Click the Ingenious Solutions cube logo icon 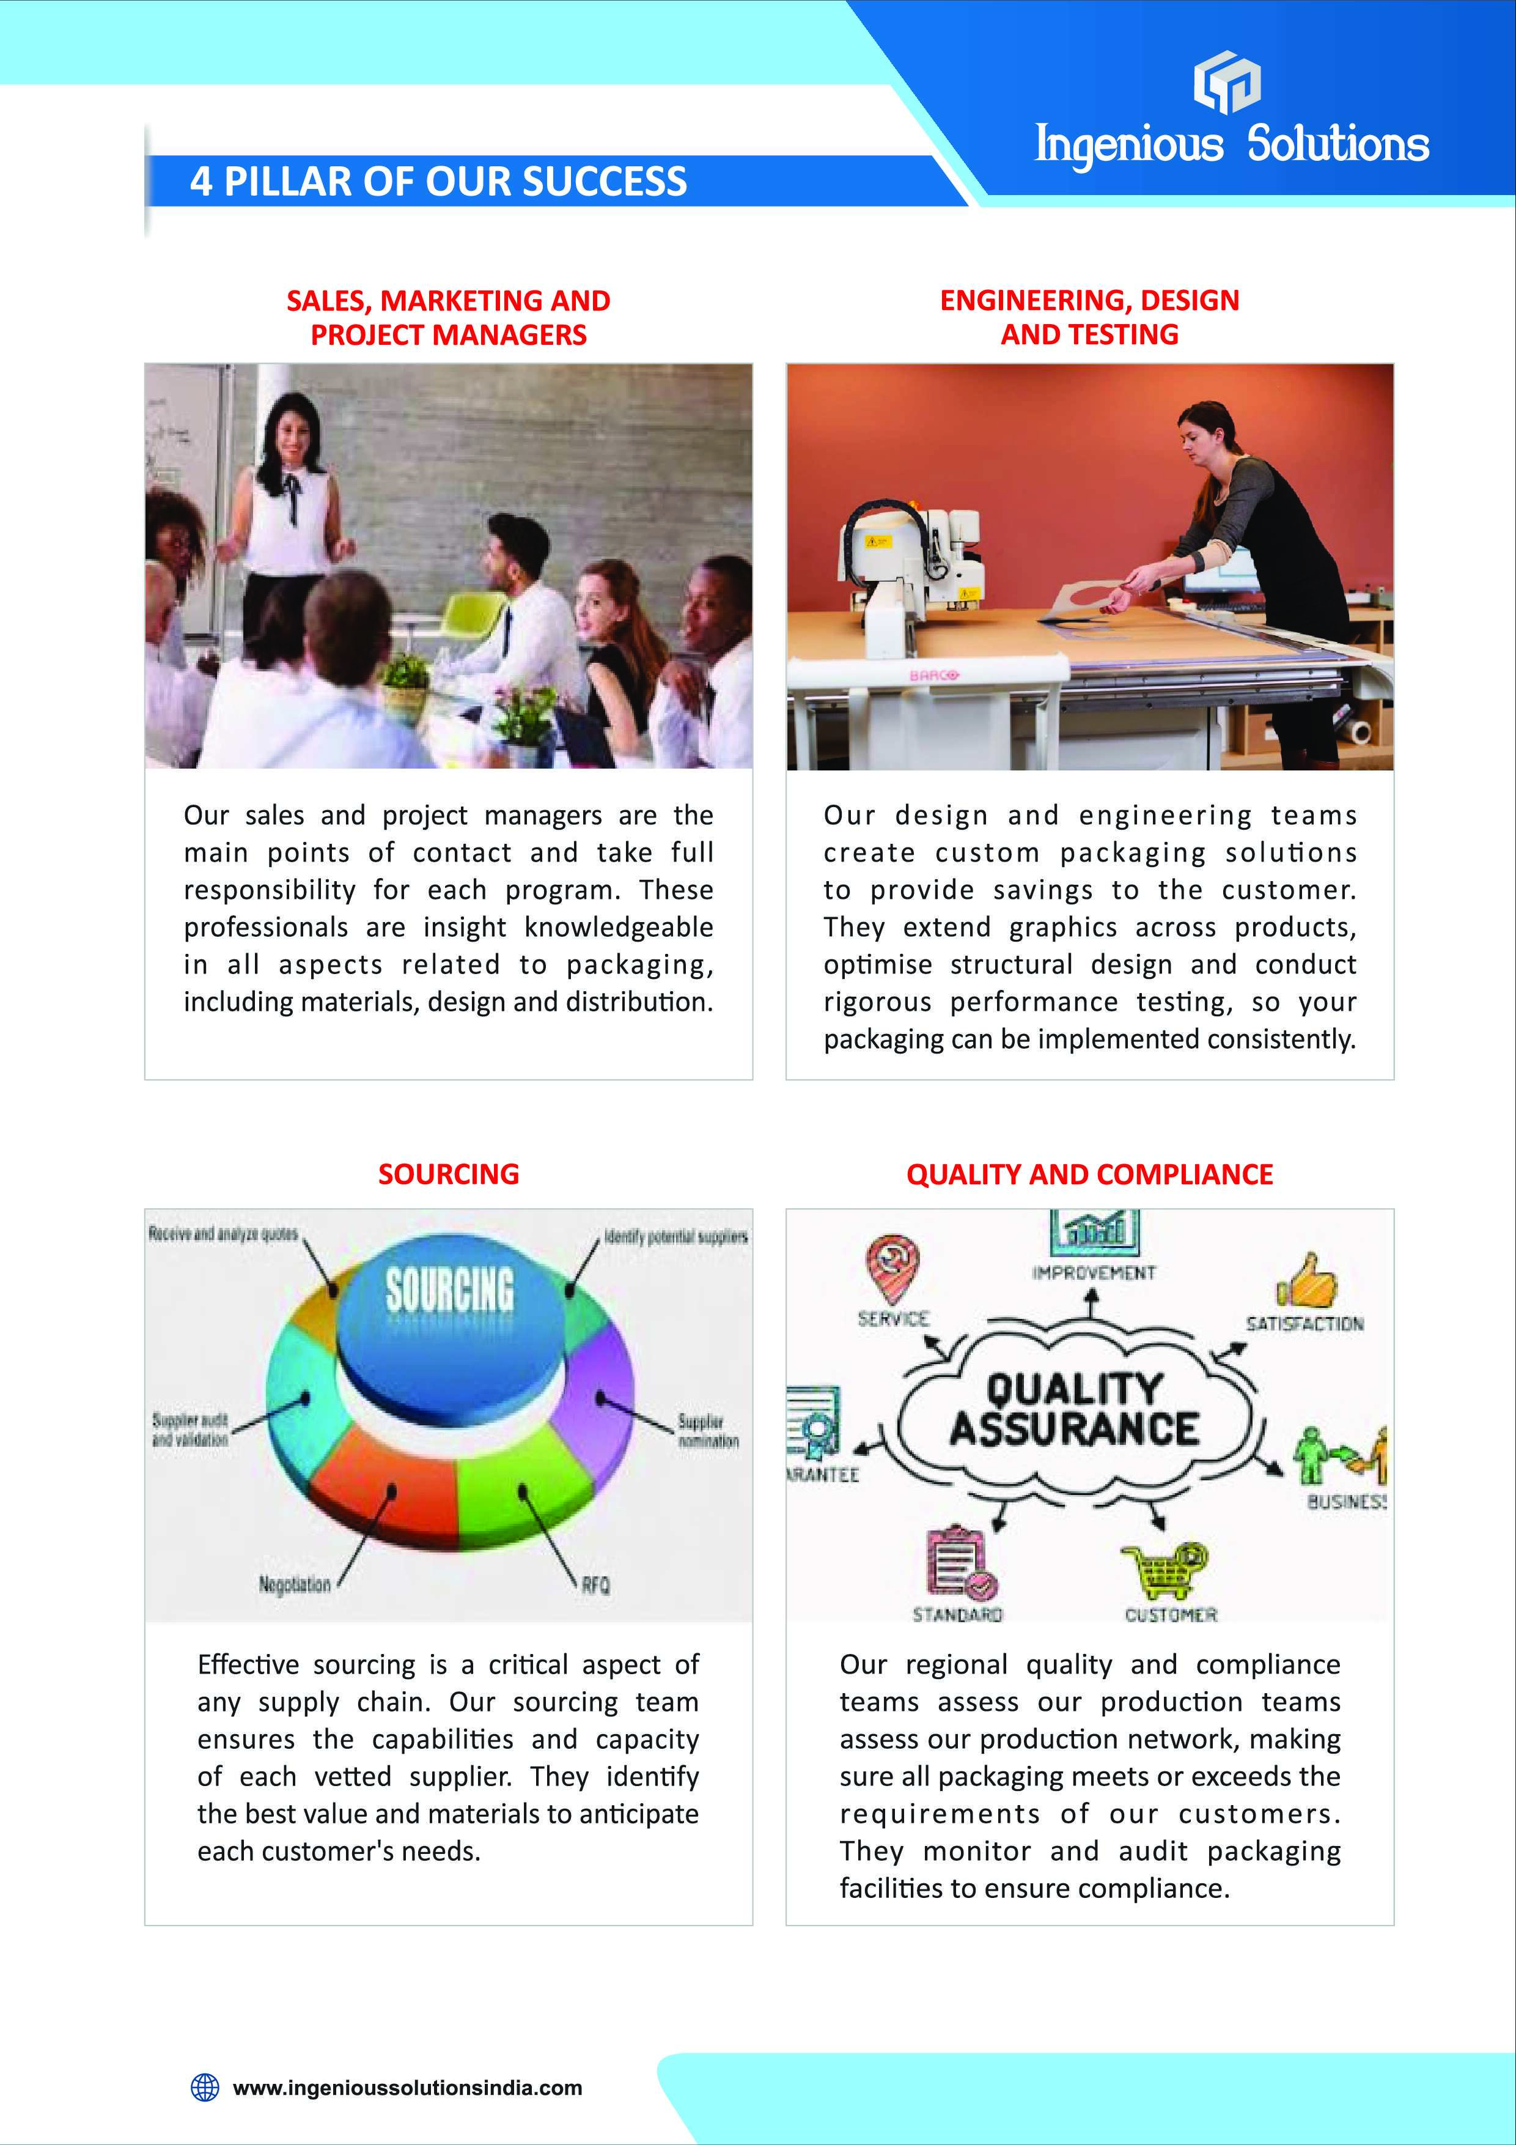[1226, 81]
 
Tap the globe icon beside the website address [205, 2087]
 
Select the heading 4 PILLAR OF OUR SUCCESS [438, 181]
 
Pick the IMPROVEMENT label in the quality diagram [1094, 1272]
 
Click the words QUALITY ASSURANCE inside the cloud [1074, 1410]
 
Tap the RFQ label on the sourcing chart [595, 1586]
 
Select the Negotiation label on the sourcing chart [294, 1584]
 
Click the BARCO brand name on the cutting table [934, 674]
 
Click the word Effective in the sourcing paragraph [248, 1665]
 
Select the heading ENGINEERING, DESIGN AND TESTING [1089, 317]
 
